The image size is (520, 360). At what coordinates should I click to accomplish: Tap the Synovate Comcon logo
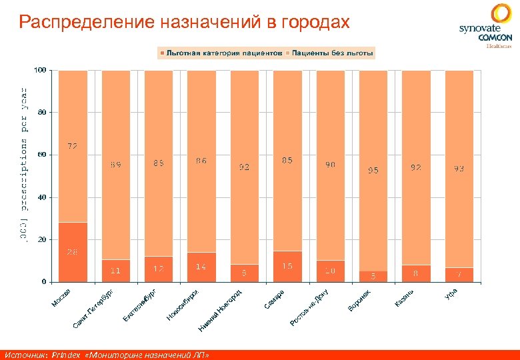click(x=485, y=27)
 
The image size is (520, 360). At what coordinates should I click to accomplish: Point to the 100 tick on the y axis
click(x=40, y=70)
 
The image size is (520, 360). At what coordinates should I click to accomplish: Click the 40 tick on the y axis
click(x=42, y=197)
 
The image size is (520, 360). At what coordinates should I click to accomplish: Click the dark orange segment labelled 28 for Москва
click(x=73, y=252)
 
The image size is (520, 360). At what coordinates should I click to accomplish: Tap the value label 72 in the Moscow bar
click(x=73, y=145)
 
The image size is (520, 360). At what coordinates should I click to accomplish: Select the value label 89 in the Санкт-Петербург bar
click(x=115, y=163)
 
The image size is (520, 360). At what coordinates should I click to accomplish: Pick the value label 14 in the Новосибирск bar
click(x=201, y=267)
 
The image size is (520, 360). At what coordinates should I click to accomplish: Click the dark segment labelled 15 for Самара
click(x=287, y=266)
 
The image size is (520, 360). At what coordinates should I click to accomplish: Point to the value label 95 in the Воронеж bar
click(x=373, y=171)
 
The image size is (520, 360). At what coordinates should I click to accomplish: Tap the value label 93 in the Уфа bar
click(x=459, y=169)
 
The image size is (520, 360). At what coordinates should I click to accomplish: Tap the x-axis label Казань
click(x=405, y=298)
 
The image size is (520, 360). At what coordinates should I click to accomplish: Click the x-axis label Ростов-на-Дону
click(x=310, y=308)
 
